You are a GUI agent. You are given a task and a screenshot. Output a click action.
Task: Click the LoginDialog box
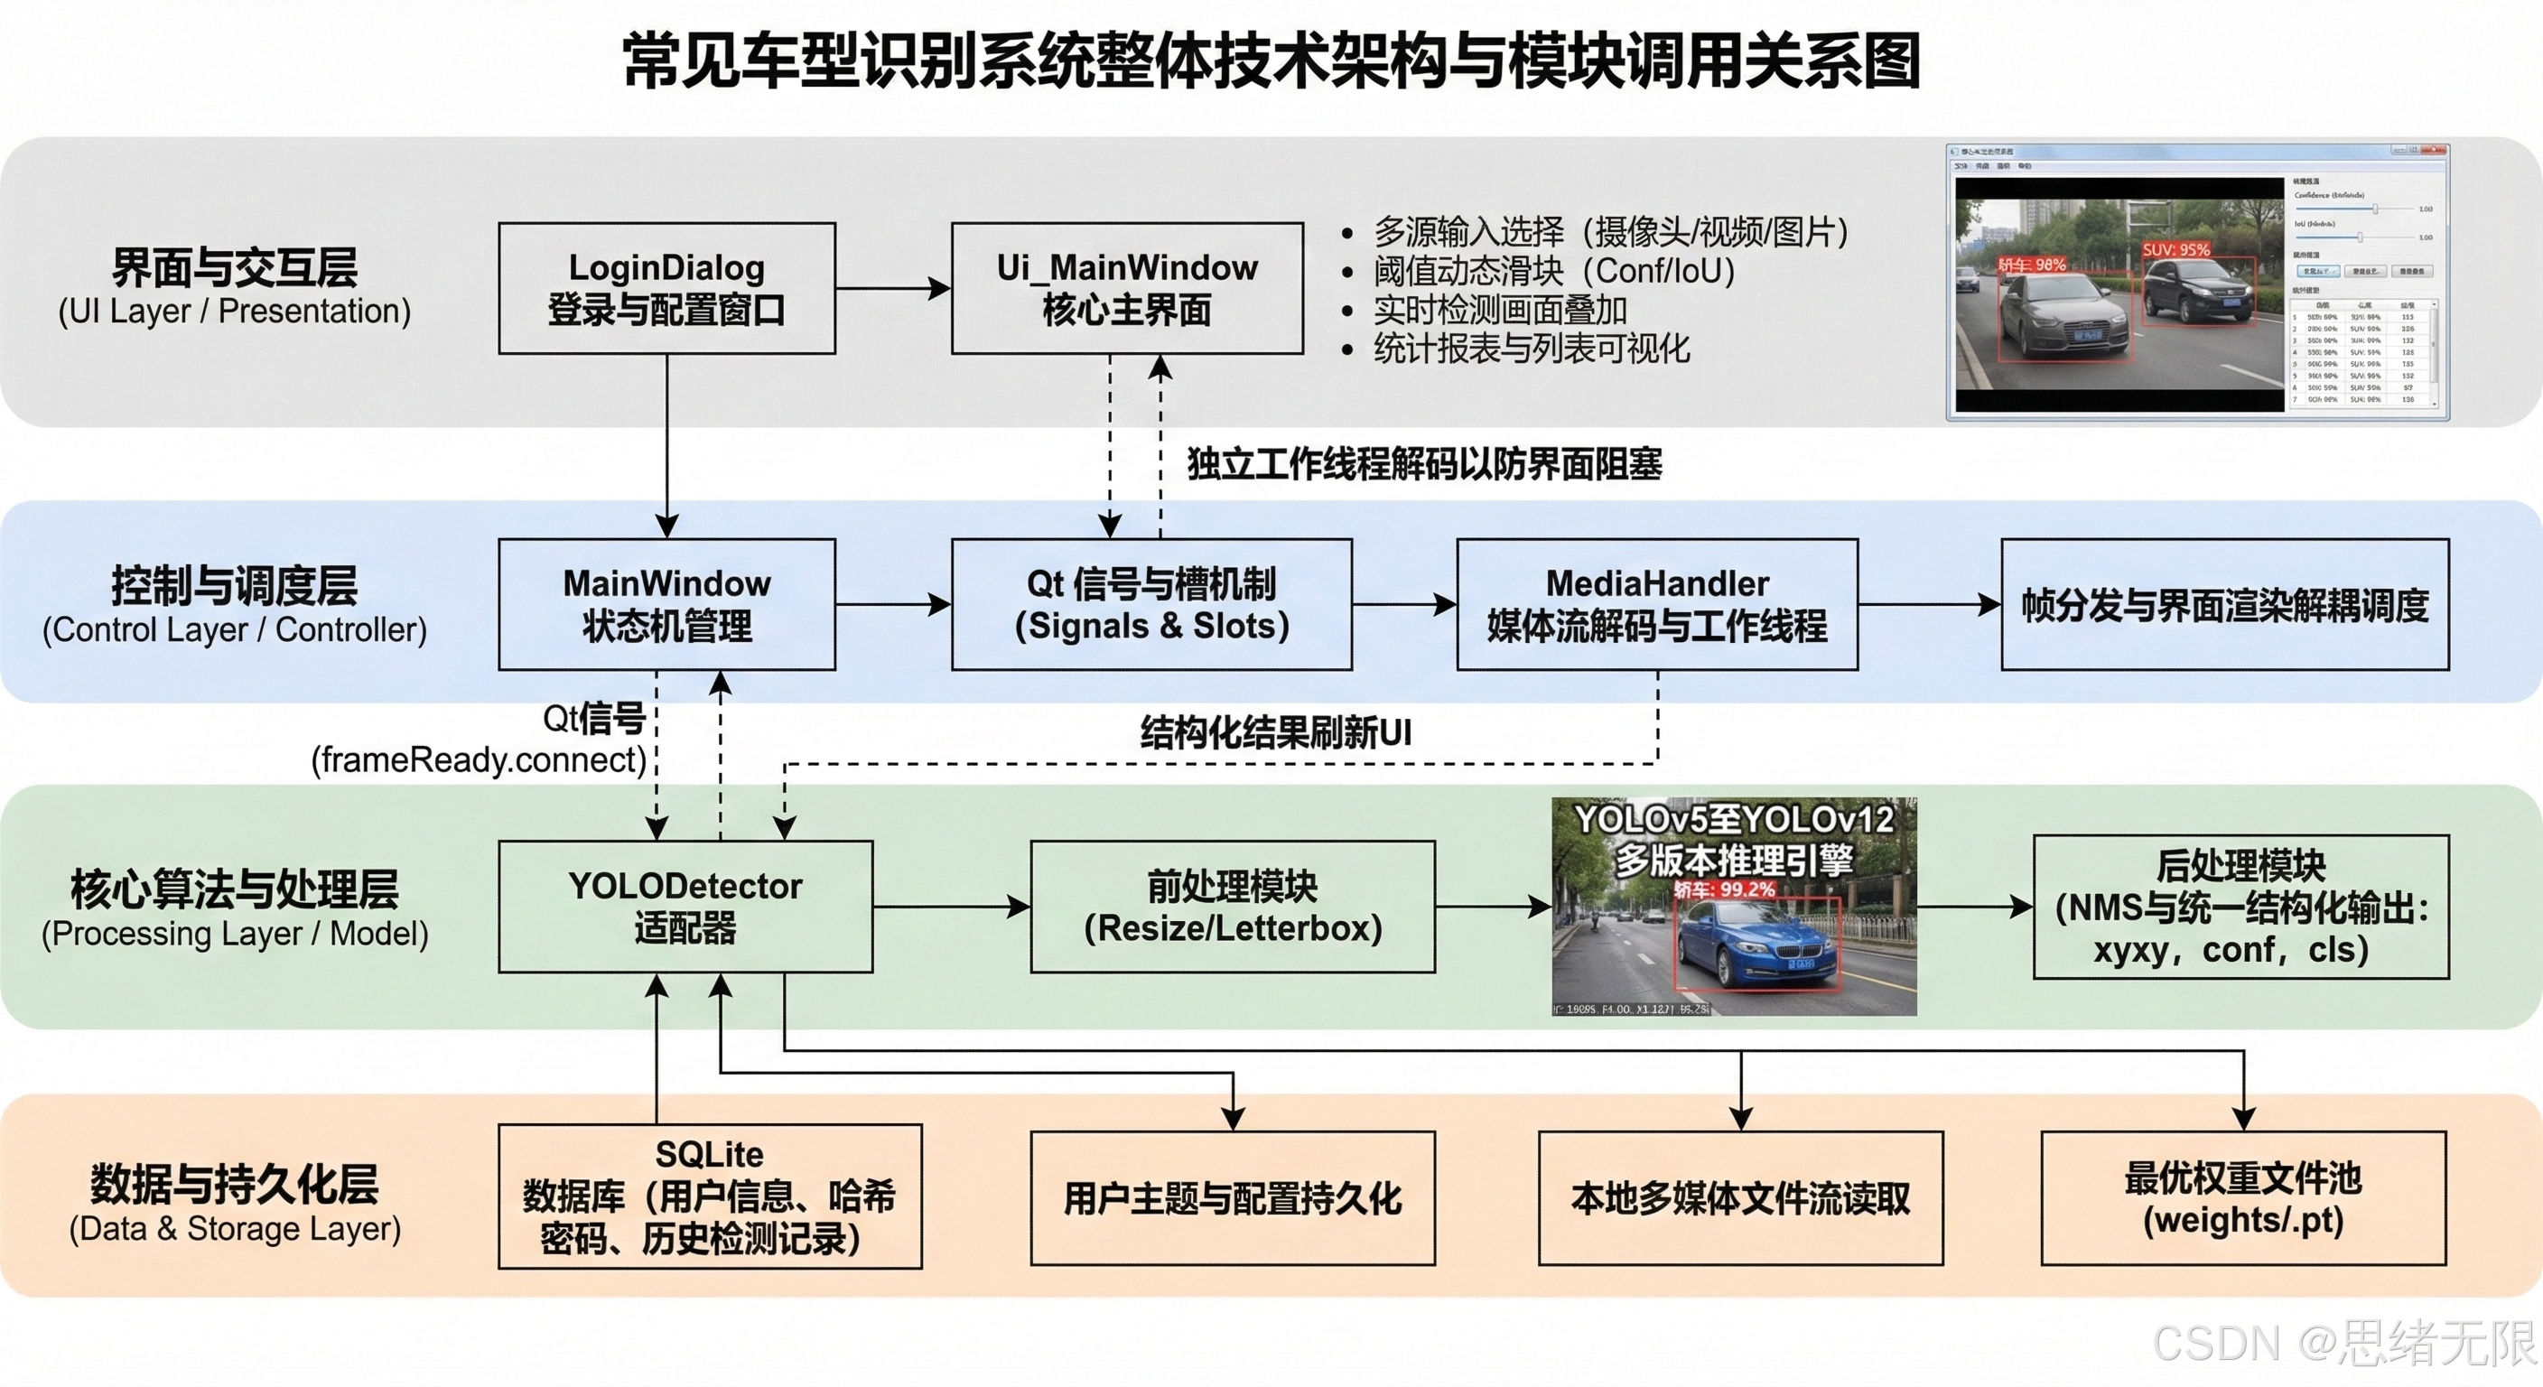coord(666,288)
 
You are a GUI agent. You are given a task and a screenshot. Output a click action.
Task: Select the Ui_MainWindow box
coord(1126,288)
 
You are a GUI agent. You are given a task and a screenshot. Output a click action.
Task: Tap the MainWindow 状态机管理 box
coord(666,604)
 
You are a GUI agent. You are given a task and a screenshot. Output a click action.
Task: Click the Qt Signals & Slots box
coord(1151,604)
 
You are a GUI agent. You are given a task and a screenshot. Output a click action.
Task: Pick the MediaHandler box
coord(1656,604)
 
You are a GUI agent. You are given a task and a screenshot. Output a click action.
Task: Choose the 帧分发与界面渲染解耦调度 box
coord(2224,604)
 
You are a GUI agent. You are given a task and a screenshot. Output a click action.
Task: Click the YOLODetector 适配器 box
coord(685,907)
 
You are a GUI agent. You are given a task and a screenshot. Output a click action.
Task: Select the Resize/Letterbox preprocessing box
coord(1232,907)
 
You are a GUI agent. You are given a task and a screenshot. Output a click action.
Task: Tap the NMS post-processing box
coord(2240,907)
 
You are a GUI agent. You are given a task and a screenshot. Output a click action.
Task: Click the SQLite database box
coord(710,1196)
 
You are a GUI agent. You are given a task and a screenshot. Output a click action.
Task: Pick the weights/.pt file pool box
coord(2243,1197)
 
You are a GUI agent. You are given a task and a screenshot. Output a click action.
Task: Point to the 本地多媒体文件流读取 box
coord(1740,1197)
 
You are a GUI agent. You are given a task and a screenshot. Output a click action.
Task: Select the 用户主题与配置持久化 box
coord(1232,1197)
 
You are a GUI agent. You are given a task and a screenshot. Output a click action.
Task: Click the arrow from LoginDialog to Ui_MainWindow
coord(892,288)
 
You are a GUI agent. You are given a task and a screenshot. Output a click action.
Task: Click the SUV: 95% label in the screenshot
coord(2175,250)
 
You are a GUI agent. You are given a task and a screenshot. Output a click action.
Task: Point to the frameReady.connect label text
coord(479,759)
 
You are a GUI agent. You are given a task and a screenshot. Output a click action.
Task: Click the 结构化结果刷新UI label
coord(1275,732)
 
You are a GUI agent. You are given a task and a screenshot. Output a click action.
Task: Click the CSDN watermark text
coord(2343,1343)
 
